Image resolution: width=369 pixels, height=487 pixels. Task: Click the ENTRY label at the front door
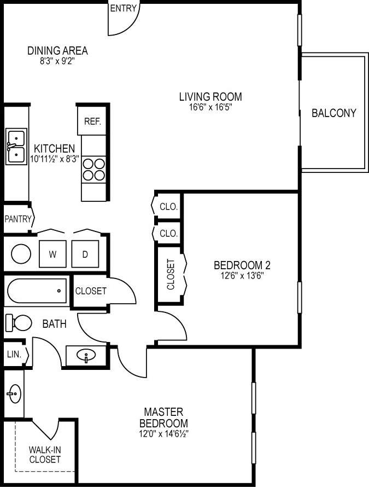[x=124, y=9]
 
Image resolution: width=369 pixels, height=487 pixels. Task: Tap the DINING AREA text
[x=57, y=51]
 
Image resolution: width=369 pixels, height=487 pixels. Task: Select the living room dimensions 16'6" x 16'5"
[x=210, y=108]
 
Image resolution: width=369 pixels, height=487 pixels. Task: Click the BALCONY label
[x=333, y=113]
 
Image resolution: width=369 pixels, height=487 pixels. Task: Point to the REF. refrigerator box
[x=92, y=121]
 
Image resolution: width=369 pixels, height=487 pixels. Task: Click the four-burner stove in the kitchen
[x=93, y=169]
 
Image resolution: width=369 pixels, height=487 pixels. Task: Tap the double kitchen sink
[x=16, y=147]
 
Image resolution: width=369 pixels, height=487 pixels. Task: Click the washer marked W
[x=52, y=254]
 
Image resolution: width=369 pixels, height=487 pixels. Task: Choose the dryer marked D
[x=85, y=254]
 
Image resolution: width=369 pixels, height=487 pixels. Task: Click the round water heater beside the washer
[x=21, y=254]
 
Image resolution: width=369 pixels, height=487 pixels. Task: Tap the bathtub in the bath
[x=37, y=292]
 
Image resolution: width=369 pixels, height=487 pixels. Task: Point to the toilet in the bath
[x=19, y=323]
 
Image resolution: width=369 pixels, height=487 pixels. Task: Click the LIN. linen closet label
[x=14, y=355]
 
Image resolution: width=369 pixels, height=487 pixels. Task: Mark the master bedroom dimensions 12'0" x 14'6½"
[x=163, y=434]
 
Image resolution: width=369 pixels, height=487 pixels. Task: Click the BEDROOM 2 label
[x=242, y=265]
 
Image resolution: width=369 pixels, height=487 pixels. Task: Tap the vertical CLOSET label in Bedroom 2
[x=171, y=274]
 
